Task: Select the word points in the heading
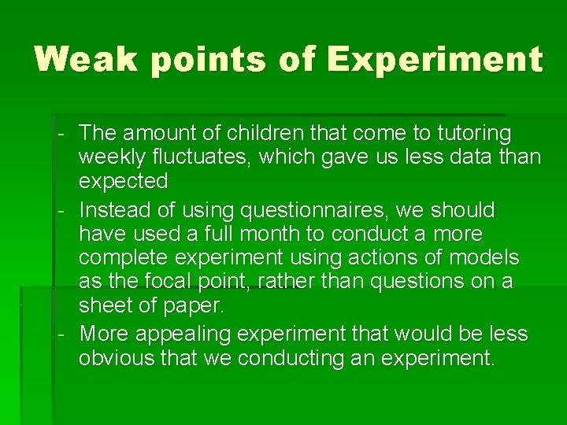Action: click(x=204, y=60)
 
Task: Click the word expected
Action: click(x=123, y=181)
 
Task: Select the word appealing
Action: click(x=187, y=334)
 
